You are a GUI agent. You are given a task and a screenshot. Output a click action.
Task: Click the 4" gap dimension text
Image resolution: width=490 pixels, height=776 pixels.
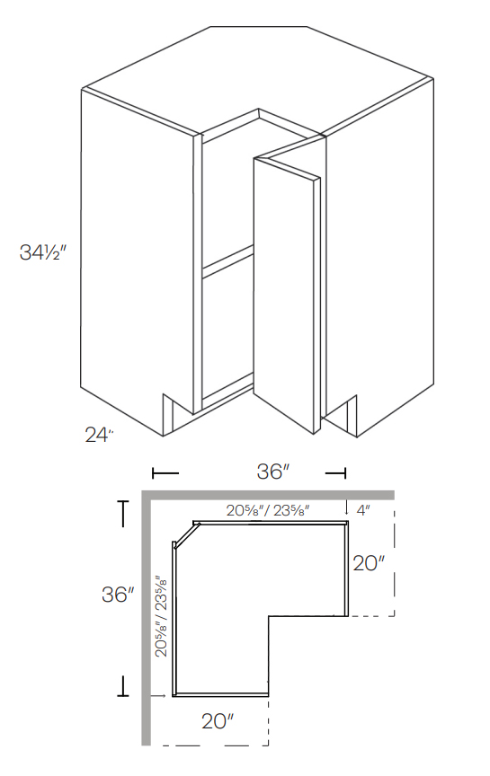point(363,510)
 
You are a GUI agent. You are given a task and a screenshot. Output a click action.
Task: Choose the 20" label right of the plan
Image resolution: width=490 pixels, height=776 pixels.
point(369,564)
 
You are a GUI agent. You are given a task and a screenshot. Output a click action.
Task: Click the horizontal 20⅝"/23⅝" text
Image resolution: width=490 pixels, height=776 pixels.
point(268,510)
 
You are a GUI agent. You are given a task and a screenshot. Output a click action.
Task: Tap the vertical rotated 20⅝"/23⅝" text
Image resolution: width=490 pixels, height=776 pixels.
point(161,617)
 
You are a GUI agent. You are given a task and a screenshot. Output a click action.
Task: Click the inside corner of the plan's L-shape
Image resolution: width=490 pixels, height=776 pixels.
point(270,616)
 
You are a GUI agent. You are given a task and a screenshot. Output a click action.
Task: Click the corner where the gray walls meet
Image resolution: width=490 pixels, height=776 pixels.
point(146,495)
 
